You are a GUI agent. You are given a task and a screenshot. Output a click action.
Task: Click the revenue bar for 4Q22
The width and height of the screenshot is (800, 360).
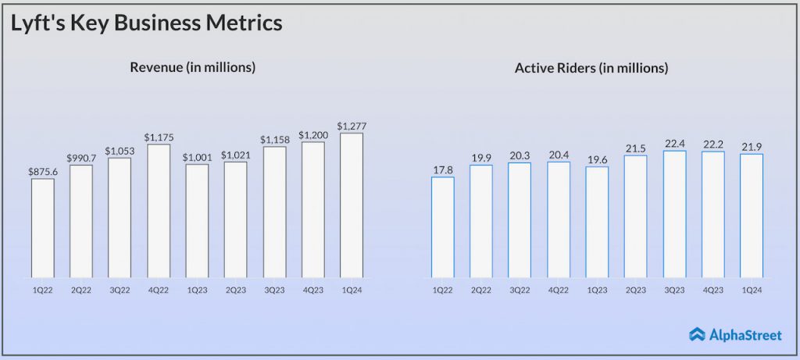[x=159, y=211]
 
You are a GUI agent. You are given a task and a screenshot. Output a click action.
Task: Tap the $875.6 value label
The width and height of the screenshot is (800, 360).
[x=43, y=171]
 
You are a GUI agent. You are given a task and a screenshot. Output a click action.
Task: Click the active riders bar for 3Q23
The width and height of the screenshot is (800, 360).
[x=674, y=214]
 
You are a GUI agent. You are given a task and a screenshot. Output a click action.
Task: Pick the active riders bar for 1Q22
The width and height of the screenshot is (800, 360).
[x=443, y=227]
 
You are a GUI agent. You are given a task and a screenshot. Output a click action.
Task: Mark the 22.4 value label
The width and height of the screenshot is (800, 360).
[x=674, y=142]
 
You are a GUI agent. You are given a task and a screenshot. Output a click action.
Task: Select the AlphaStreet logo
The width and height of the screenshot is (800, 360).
[x=735, y=334]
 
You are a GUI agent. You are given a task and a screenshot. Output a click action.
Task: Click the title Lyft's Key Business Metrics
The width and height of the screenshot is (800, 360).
[x=146, y=23]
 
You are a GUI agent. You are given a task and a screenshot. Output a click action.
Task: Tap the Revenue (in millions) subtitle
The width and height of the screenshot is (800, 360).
[x=193, y=68]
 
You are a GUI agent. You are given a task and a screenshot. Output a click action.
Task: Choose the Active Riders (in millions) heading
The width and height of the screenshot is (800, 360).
[x=591, y=69]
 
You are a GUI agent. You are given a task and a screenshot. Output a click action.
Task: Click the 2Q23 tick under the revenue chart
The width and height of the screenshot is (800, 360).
[x=236, y=290]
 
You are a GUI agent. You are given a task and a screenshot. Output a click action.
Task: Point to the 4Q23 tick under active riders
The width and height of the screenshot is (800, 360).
[x=712, y=290]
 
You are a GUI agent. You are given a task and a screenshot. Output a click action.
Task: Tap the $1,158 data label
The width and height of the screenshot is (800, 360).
[x=274, y=138]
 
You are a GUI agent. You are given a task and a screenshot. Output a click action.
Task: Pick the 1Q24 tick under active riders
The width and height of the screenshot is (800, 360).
[x=751, y=290]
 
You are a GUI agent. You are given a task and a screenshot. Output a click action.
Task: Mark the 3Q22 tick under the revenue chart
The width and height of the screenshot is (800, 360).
[x=120, y=290]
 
